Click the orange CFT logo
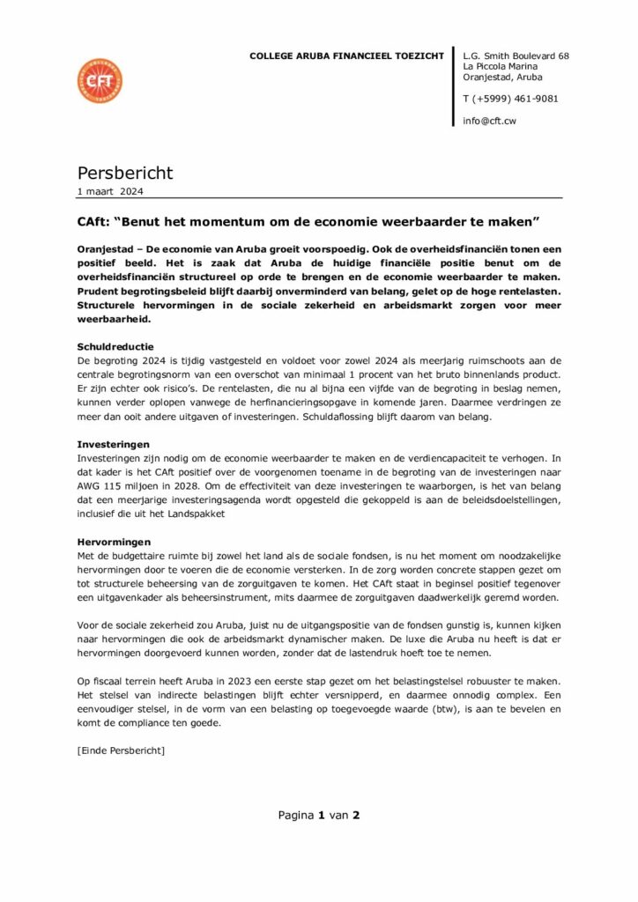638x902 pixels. pyautogui.click(x=100, y=80)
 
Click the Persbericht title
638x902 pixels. pyautogui.click(x=125, y=173)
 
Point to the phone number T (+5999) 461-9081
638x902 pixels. pyautogui.click(x=510, y=99)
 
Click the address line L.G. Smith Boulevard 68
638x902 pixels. pyautogui.click(x=516, y=56)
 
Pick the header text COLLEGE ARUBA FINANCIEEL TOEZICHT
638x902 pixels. pyautogui.click(x=347, y=56)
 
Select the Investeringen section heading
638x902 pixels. pyautogui.click(x=114, y=445)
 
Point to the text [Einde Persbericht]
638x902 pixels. pyautogui.click(x=122, y=750)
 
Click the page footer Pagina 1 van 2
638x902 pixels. pyautogui.click(x=319, y=815)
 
